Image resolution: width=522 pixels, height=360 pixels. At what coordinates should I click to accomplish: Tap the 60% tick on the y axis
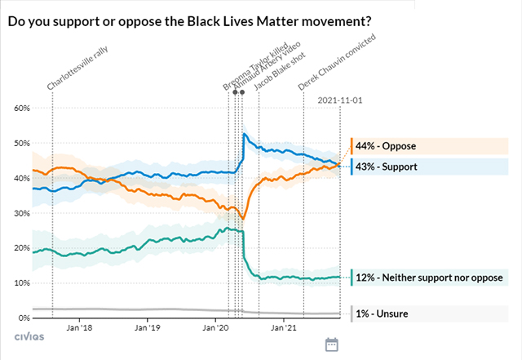[20, 109]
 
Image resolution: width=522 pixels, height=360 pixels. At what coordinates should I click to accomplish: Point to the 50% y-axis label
[20, 144]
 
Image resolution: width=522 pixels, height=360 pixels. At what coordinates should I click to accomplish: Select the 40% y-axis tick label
[20, 179]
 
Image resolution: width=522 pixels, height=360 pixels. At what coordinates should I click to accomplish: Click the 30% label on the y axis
[20, 214]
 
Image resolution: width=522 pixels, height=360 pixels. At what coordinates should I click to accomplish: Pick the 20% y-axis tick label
[20, 248]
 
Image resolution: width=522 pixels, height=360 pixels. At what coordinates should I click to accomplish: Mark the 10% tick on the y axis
[20, 283]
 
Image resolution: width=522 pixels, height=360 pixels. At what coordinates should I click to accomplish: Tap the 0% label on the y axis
[22, 318]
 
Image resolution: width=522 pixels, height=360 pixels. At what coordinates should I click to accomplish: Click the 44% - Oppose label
[386, 146]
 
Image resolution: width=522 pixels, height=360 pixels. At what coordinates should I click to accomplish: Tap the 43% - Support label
[387, 167]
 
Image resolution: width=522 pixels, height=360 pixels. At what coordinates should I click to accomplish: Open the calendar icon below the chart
[332, 345]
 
